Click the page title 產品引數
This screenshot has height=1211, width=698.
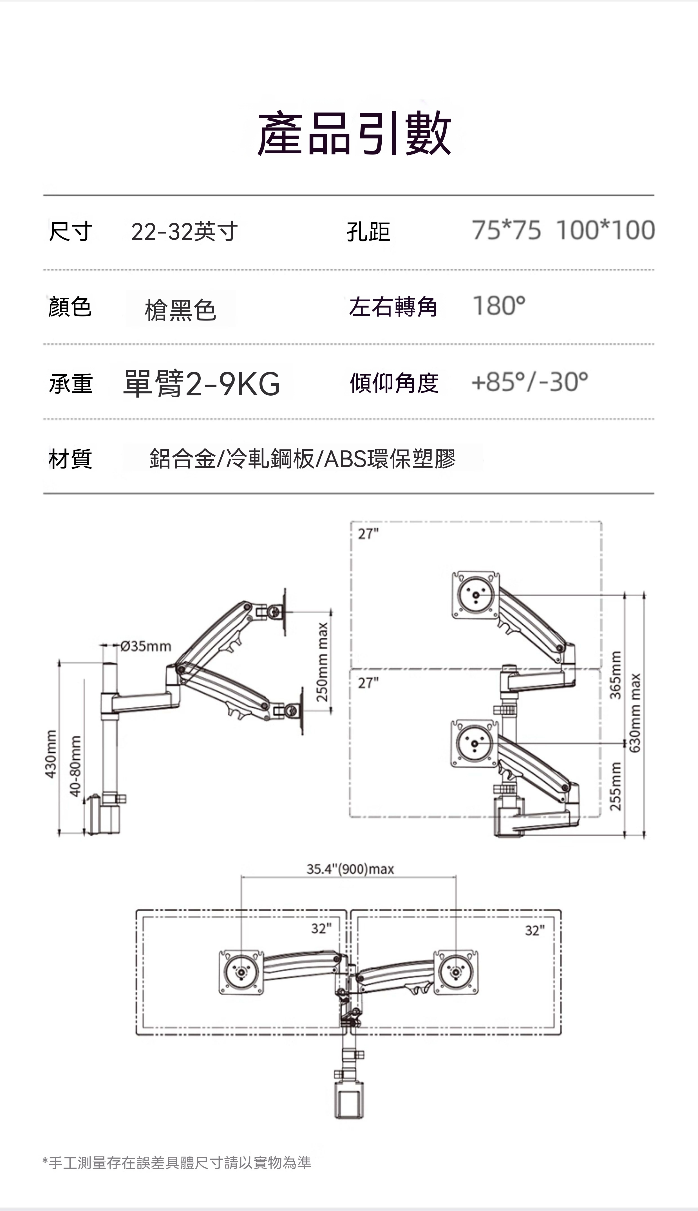[x=354, y=133]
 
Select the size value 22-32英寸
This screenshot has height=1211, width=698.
[x=185, y=232]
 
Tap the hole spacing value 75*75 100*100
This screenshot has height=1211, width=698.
[x=563, y=230]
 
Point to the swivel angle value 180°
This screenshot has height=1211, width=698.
[x=499, y=306]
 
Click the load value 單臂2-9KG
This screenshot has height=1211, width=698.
[x=201, y=384]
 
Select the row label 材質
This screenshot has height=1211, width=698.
[x=70, y=459]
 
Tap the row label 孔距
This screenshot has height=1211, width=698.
[x=368, y=232]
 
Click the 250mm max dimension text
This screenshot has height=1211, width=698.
[x=322, y=661]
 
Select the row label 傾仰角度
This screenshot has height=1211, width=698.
[x=394, y=383]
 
